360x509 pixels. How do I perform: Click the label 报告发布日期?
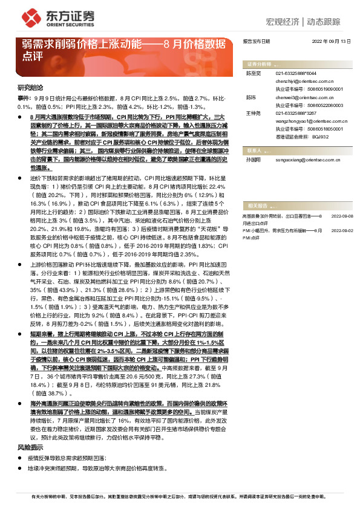(x=256, y=42)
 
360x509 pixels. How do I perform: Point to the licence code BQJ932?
(x=319, y=135)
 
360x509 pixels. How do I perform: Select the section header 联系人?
(x=255, y=149)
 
